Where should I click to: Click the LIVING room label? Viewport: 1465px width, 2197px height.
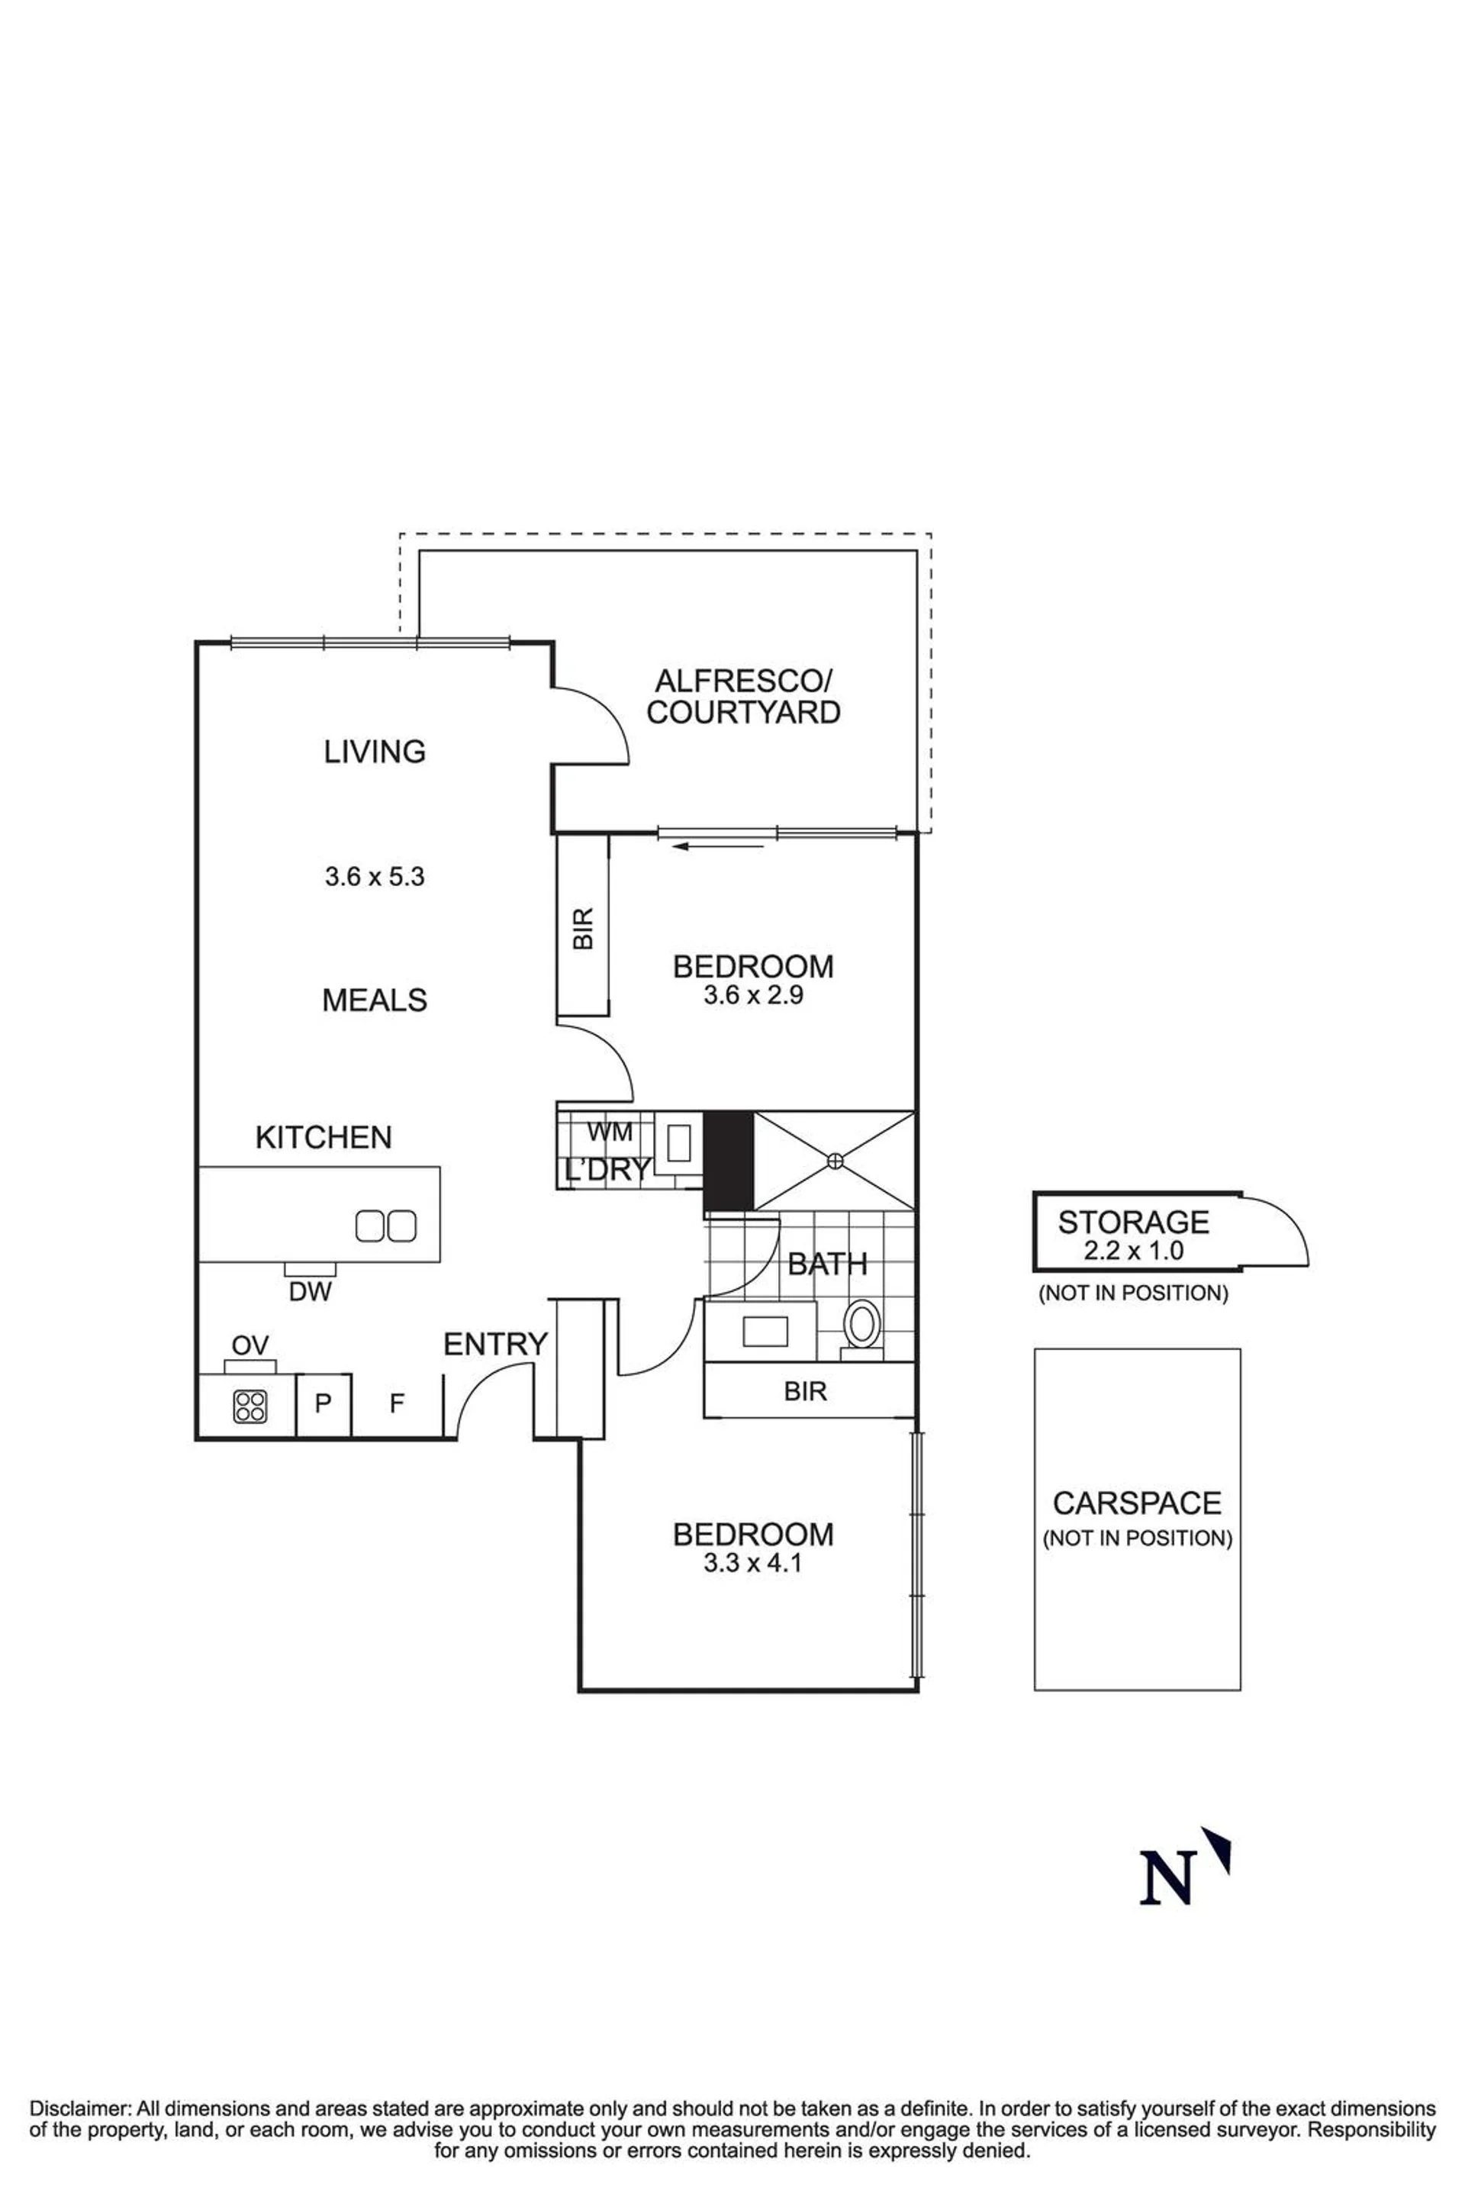pyautogui.click(x=375, y=752)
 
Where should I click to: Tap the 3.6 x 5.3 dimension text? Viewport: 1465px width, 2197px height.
pyautogui.click(x=375, y=877)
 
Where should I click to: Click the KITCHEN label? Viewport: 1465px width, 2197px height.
pyautogui.click(x=324, y=1137)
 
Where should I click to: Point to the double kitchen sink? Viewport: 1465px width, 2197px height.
pyautogui.click(x=386, y=1226)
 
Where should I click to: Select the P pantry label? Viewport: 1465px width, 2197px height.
pyautogui.click(x=324, y=1403)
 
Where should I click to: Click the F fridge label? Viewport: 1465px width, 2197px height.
pyautogui.click(x=396, y=1403)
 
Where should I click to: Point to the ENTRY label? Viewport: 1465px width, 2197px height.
pyautogui.click(x=495, y=1344)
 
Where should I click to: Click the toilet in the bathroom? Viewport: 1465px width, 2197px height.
pyautogui.click(x=861, y=1326)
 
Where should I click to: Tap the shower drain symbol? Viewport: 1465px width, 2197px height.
pyautogui.click(x=834, y=1161)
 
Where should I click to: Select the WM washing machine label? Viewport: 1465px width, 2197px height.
pyautogui.click(x=610, y=1132)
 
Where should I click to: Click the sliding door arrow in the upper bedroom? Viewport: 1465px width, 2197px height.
pyautogui.click(x=719, y=846)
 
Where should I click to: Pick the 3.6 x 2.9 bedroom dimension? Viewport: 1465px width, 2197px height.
pyautogui.click(x=753, y=995)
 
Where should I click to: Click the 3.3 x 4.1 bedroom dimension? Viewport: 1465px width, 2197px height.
pyautogui.click(x=753, y=1564)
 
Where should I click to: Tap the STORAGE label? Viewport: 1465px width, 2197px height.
pyautogui.click(x=1133, y=1222)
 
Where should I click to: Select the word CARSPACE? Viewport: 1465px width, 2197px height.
pyautogui.click(x=1137, y=1503)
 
